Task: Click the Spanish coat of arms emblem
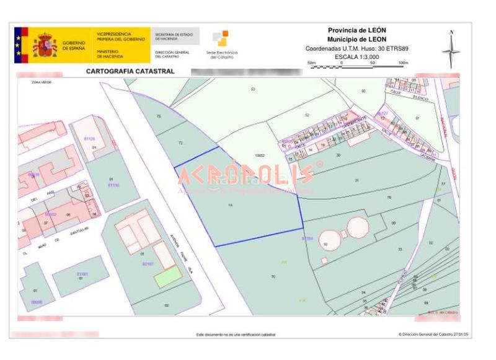(x=45, y=45)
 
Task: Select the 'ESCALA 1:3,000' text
(x=356, y=56)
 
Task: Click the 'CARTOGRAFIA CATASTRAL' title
(x=130, y=71)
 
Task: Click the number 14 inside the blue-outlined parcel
(x=230, y=204)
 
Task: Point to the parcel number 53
(x=253, y=90)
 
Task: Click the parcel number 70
(x=273, y=276)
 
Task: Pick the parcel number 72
(x=180, y=143)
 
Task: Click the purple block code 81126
(x=89, y=139)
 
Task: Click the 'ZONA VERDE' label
(x=31, y=82)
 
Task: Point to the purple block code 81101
(x=82, y=274)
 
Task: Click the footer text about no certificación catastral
(x=236, y=335)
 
